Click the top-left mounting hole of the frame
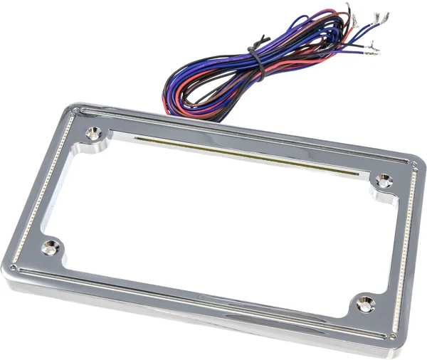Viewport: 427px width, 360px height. pyautogui.click(x=93, y=133)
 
